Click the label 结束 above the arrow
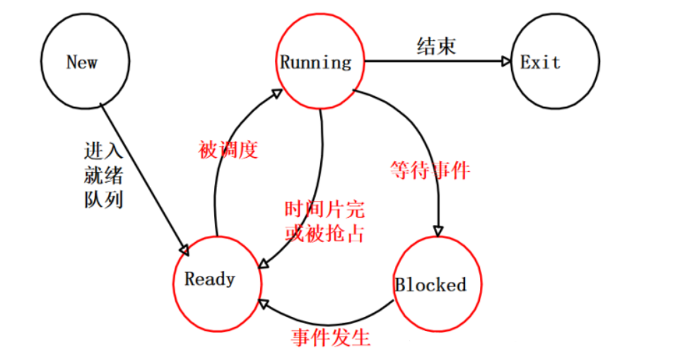tap(435, 47)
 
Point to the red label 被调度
tap(228, 150)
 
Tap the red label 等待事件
tap(430, 170)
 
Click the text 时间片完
tap(324, 210)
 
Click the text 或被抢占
tap(324, 234)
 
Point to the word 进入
tap(103, 151)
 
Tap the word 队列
tap(103, 199)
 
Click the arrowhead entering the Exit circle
tap(505, 62)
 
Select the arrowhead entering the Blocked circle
tap(438, 230)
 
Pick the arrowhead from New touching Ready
tap(184, 250)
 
